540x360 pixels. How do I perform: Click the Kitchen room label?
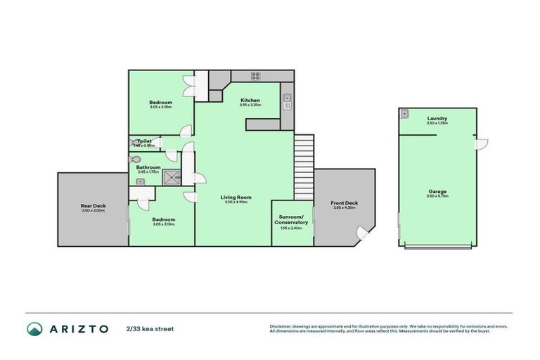coord(250,101)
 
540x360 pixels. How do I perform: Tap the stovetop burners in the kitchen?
coord(256,76)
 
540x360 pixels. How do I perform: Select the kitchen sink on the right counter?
coord(287,103)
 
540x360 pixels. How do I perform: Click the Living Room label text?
coord(236,197)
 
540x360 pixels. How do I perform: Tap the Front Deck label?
coord(345,204)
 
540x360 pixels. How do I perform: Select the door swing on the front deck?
coord(364,233)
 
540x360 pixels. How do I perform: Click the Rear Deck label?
coord(93,206)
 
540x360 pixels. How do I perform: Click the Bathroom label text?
coord(148,167)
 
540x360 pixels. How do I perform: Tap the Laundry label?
coord(437,118)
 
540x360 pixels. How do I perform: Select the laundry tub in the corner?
coord(404,113)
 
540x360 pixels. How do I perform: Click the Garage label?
coord(437,191)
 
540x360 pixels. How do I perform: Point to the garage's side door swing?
coord(481,143)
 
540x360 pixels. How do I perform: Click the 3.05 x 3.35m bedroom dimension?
coord(160,107)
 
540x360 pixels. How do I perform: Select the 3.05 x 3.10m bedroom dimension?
coord(163,224)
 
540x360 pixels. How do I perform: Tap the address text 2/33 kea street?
coord(150,328)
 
